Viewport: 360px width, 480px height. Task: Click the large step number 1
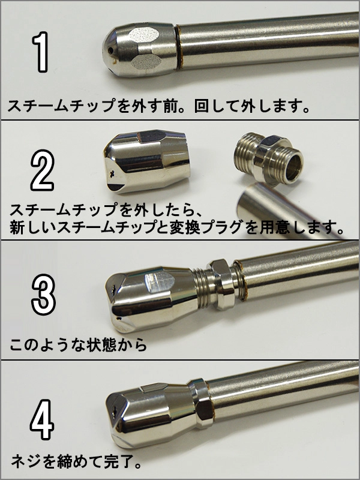(41, 52)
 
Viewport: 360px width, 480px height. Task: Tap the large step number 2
(43, 170)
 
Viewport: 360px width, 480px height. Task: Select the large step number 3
(43, 295)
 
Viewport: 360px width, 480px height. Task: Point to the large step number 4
(42, 419)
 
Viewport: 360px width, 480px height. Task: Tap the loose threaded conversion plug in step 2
(268, 158)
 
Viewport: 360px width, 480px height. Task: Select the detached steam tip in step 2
(146, 161)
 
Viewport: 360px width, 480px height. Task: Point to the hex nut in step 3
(221, 284)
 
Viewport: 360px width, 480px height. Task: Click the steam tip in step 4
(150, 415)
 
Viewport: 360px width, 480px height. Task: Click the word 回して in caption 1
(217, 106)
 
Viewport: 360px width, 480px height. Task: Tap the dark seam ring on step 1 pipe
(178, 47)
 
